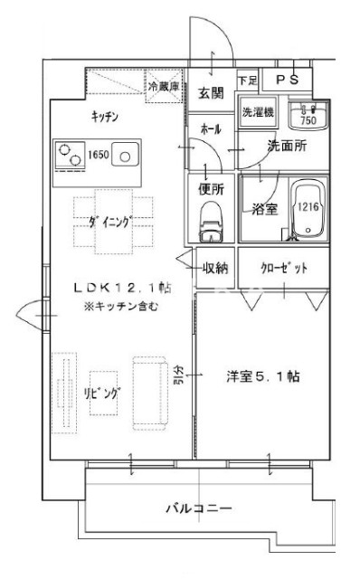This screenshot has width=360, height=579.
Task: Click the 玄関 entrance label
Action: click(212, 92)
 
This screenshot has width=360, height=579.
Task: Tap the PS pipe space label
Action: click(287, 80)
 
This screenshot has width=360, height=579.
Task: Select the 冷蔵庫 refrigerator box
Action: click(165, 86)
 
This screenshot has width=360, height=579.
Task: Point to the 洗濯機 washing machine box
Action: click(257, 114)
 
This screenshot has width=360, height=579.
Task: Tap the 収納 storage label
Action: click(215, 267)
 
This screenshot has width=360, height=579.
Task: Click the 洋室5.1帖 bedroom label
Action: click(263, 376)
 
